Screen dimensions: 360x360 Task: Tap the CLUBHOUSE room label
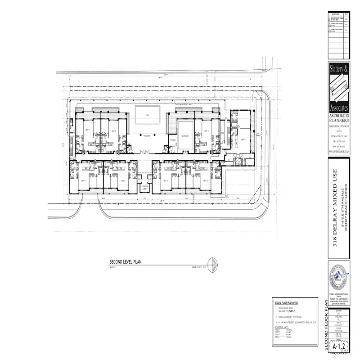coord(184,135)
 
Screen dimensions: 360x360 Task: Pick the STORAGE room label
coord(173,140)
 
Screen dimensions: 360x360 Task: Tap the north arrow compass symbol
coord(213,265)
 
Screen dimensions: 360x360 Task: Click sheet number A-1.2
coord(339,347)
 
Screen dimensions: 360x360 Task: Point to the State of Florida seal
coord(340,279)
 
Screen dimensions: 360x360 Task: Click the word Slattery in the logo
coord(340,70)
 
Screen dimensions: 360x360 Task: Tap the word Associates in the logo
coord(340,109)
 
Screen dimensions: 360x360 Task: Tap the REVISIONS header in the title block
coord(334,14)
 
